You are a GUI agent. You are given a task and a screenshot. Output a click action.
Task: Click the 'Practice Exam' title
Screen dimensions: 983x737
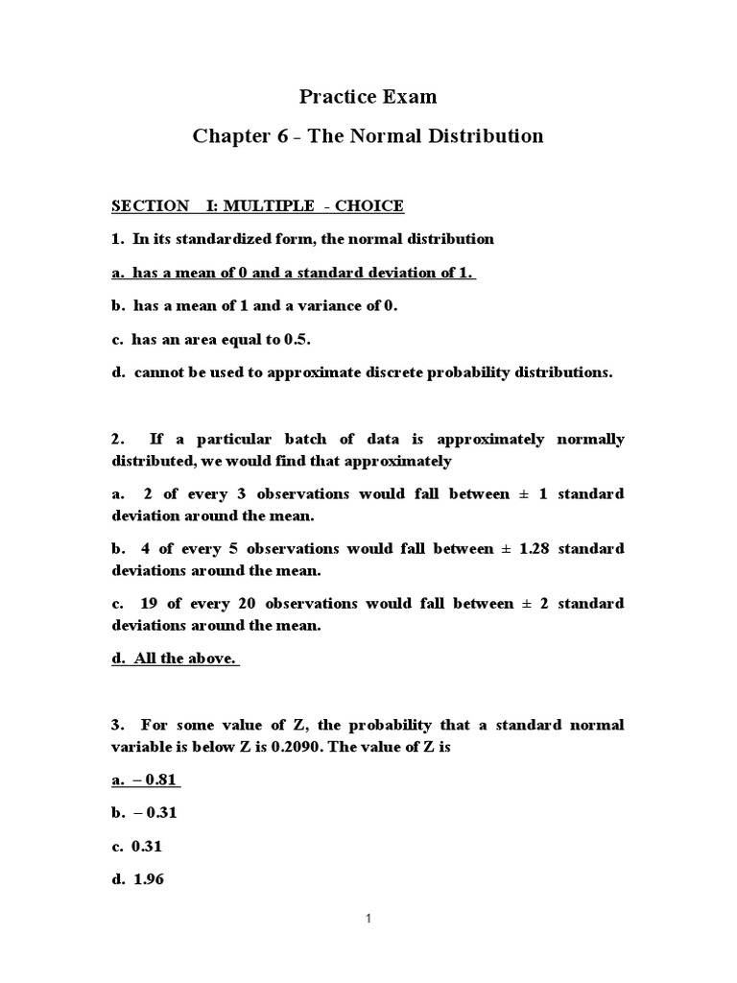(x=368, y=96)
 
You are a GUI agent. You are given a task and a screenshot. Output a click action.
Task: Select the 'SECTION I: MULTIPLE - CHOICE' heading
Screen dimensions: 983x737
(x=258, y=205)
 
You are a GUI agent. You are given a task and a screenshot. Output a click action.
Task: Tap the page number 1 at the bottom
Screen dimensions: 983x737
(x=368, y=919)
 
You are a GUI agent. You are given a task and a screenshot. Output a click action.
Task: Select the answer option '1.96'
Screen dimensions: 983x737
(x=150, y=879)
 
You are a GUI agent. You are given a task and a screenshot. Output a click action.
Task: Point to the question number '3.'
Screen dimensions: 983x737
(x=118, y=726)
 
